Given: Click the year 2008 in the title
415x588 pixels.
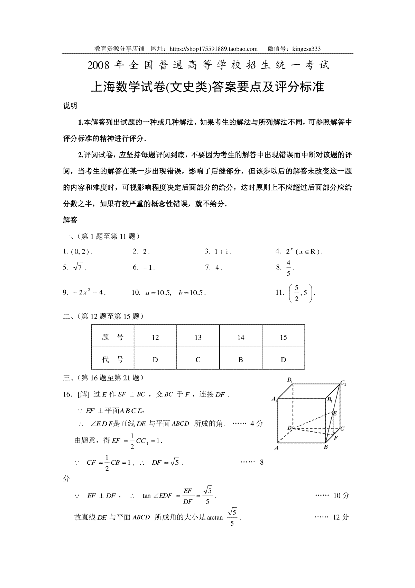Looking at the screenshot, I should [x=99, y=65].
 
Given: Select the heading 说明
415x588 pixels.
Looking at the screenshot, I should [x=70, y=106].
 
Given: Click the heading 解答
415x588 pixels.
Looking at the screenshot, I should [x=70, y=220].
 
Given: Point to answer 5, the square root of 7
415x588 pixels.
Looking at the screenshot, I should [x=78, y=267].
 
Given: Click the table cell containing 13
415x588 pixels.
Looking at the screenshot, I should [x=198, y=337].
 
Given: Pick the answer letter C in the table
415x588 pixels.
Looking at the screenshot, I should [x=198, y=360].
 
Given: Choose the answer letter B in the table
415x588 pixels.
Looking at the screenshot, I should [x=241, y=360].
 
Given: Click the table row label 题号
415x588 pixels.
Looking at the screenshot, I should [x=113, y=337].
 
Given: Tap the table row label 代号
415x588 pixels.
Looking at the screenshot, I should [x=113, y=360].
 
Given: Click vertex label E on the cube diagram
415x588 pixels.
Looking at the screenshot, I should [x=334, y=413].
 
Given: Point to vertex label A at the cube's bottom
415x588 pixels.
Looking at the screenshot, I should [x=276, y=448].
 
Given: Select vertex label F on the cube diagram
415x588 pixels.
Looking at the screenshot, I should [x=335, y=438].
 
